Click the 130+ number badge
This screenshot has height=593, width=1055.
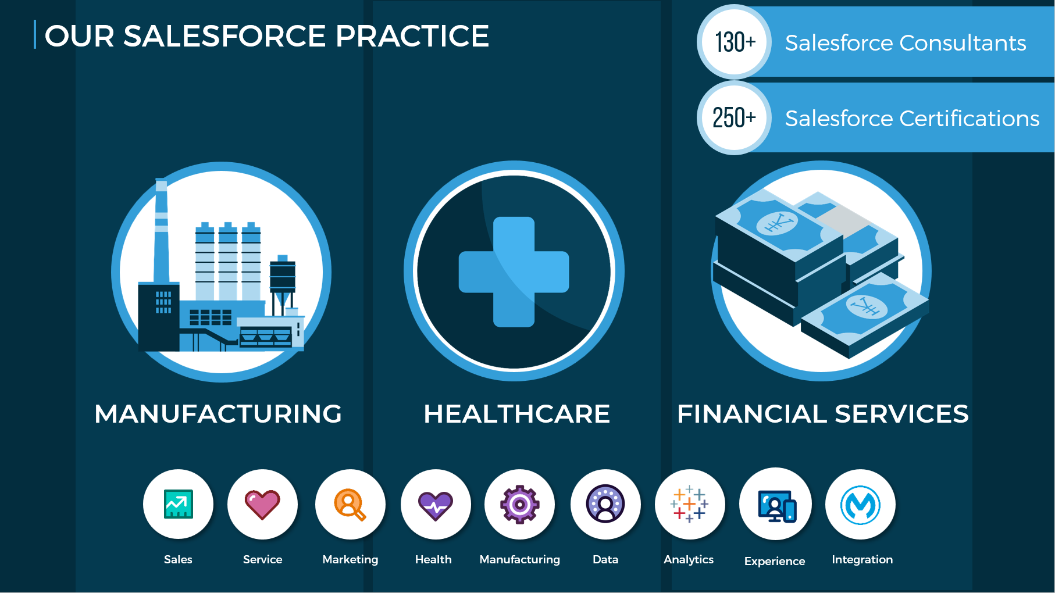click(x=735, y=42)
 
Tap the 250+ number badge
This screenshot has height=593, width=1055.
click(x=735, y=117)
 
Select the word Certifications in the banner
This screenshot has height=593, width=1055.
click(x=970, y=119)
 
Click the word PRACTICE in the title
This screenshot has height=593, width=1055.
click(x=412, y=36)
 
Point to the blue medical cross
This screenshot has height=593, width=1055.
click(x=514, y=272)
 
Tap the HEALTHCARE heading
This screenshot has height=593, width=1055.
click(x=516, y=414)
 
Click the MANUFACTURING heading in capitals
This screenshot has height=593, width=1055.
click(x=218, y=414)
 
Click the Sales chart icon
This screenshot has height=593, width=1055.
click(x=178, y=504)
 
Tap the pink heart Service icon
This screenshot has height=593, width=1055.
click(x=262, y=504)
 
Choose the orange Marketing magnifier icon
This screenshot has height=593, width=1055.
click(x=350, y=505)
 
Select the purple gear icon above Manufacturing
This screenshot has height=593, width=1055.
click(x=519, y=504)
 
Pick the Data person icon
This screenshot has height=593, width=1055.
click(x=605, y=503)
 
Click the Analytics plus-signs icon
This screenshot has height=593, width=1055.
click(x=689, y=503)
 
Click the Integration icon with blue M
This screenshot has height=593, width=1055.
click(x=860, y=505)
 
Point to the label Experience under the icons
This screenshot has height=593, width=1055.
click(x=775, y=562)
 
